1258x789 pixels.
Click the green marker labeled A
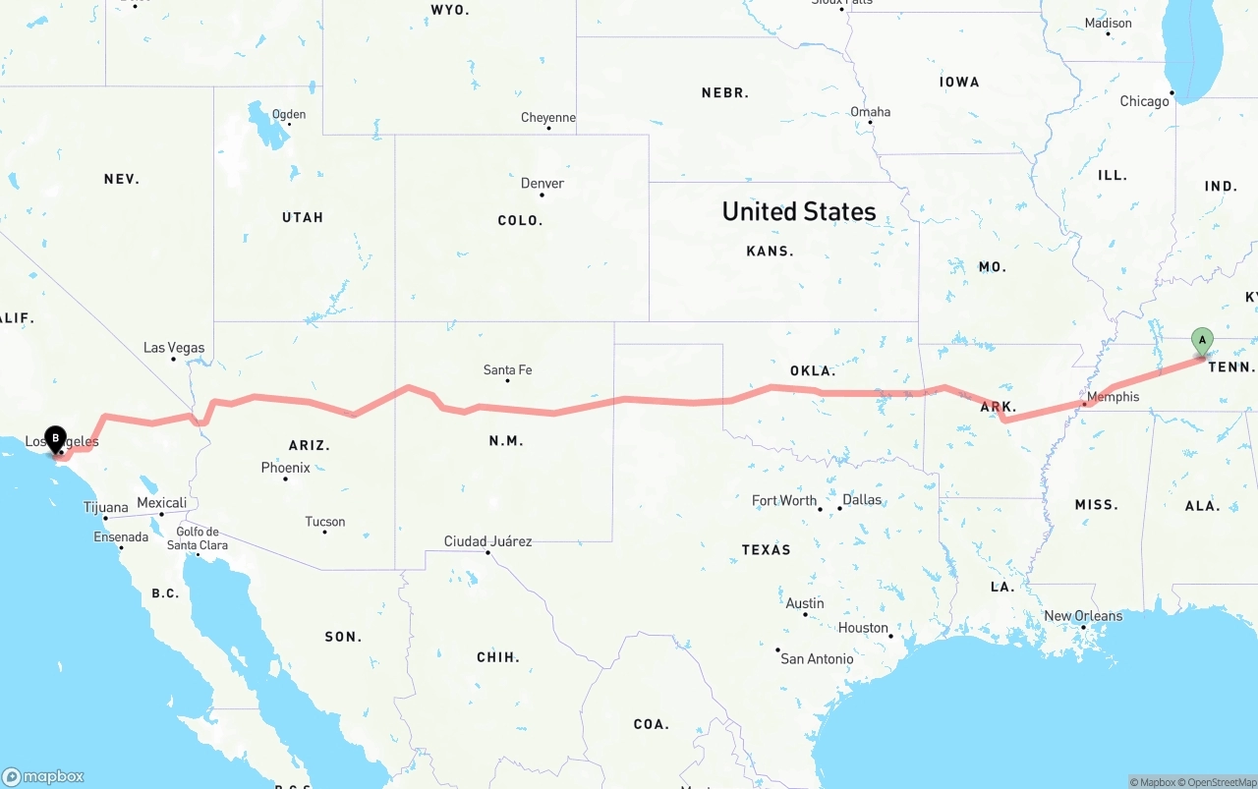click(1201, 341)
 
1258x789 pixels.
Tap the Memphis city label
click(1114, 397)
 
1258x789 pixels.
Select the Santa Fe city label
click(507, 370)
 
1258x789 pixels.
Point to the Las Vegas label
click(174, 348)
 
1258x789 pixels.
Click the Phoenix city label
click(285, 468)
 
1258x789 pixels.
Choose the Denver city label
click(543, 184)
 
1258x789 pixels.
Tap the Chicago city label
click(1145, 101)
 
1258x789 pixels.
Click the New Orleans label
click(1083, 616)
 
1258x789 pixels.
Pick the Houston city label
click(863, 628)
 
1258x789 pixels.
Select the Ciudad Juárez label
click(487, 541)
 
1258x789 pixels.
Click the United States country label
click(799, 211)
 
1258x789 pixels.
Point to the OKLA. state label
click(813, 371)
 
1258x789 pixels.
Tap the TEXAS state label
click(767, 549)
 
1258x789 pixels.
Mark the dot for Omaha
click(870, 123)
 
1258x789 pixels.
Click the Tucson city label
click(325, 522)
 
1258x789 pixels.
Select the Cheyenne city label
click(548, 118)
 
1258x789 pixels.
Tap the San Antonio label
click(817, 658)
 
